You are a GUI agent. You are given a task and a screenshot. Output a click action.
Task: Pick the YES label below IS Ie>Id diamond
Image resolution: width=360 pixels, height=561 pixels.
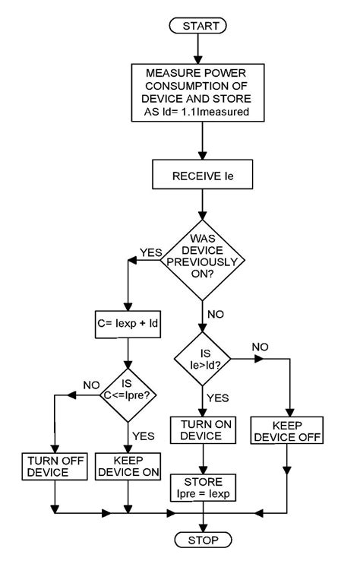click(218, 398)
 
